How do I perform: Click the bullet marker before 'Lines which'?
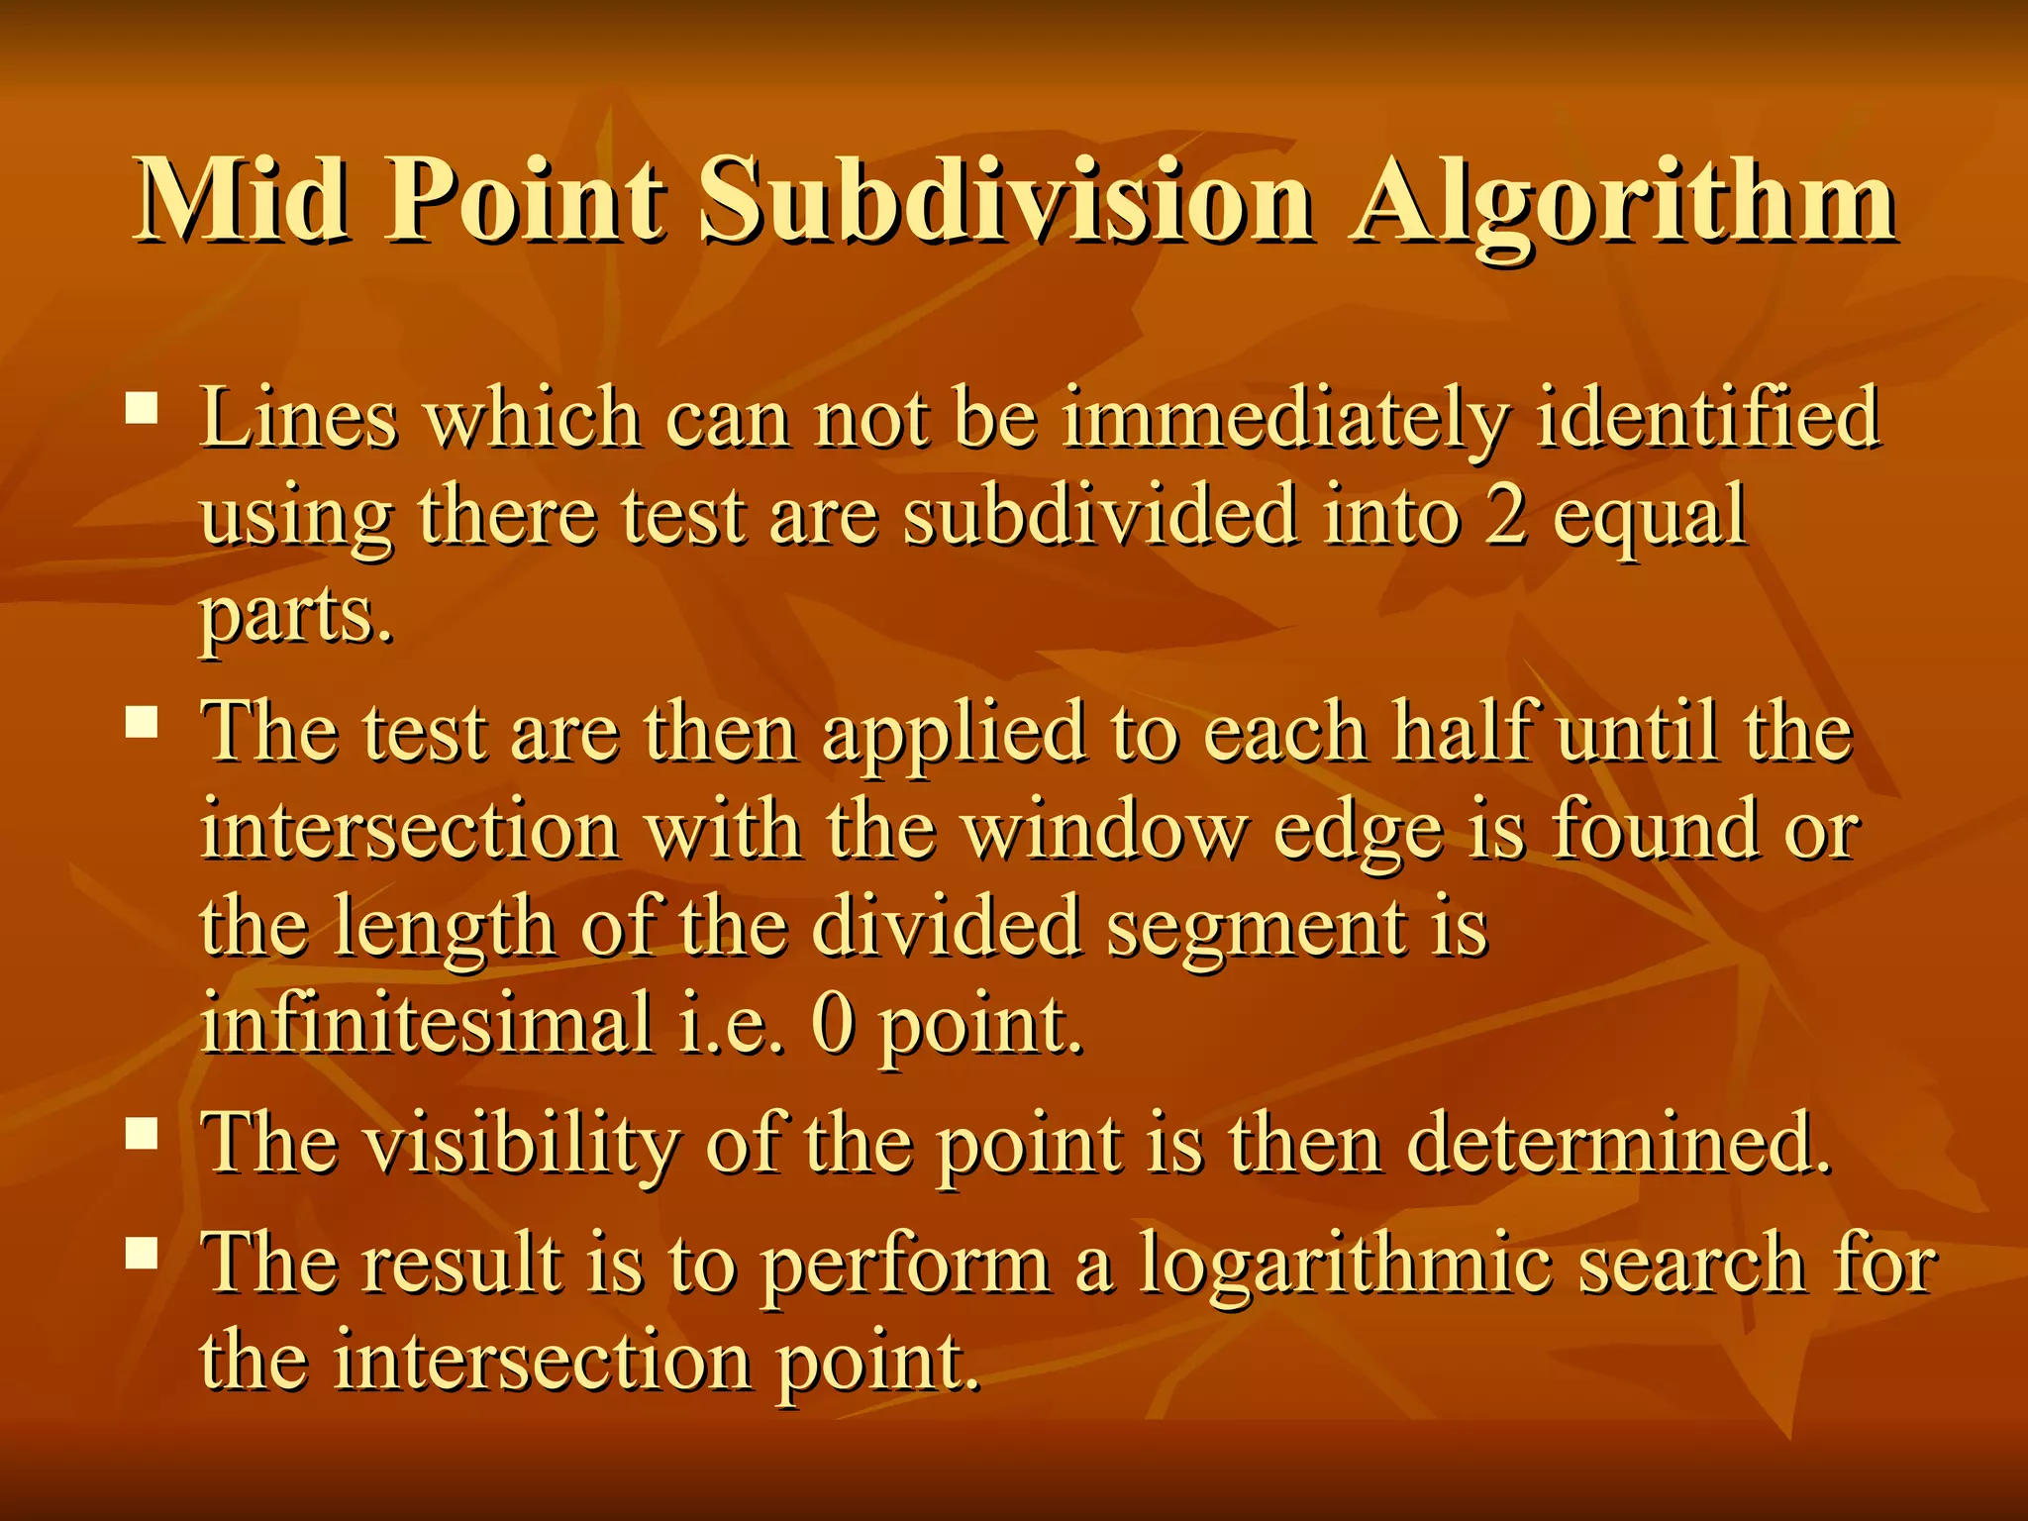tap(143, 409)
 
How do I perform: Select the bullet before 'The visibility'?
tap(143, 1133)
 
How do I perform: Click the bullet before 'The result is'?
tap(143, 1255)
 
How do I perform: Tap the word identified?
tap(1707, 418)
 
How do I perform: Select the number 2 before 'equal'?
tap(1504, 517)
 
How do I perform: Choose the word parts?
tap(296, 616)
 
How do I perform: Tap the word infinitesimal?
tap(427, 1024)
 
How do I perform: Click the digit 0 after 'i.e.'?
tap(832, 1026)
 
